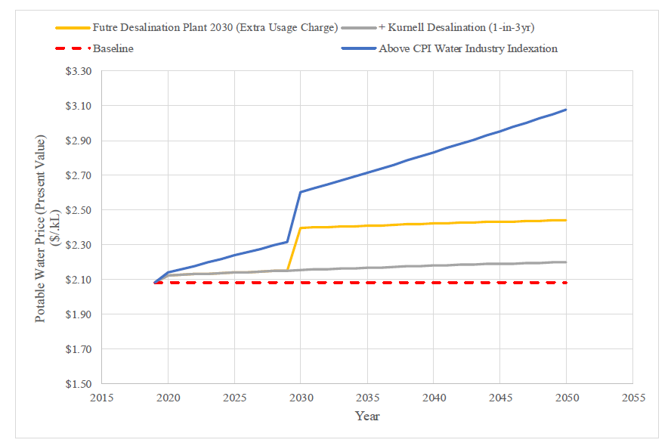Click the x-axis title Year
click(x=367, y=416)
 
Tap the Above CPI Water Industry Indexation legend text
click(x=468, y=48)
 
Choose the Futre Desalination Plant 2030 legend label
click(x=215, y=28)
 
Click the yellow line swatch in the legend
click(x=73, y=28)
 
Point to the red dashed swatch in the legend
click(x=73, y=48)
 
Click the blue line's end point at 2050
click(x=566, y=110)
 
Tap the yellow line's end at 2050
click(x=566, y=220)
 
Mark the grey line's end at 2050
click(x=566, y=262)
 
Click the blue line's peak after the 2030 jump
click(x=301, y=192)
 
